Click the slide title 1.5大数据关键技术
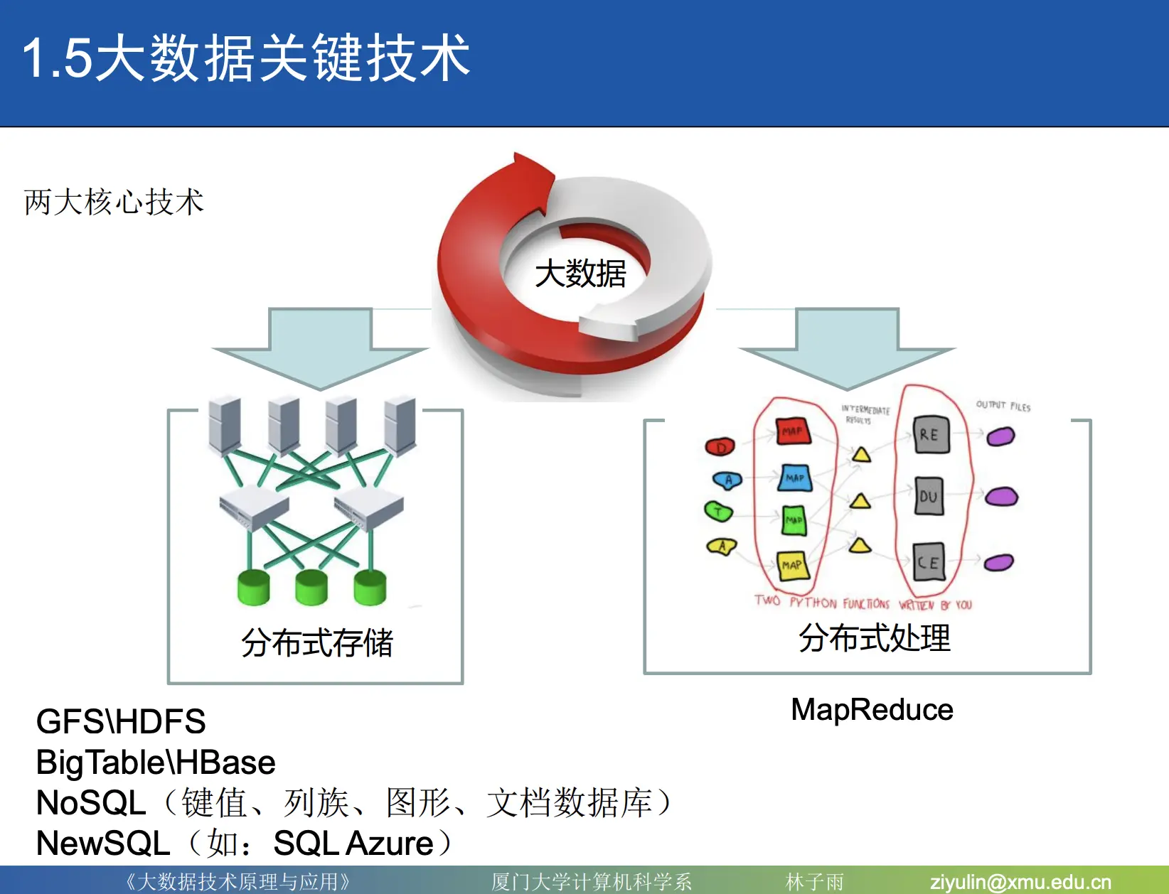(x=246, y=58)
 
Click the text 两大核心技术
(x=114, y=203)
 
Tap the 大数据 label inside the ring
(x=580, y=274)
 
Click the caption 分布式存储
(x=317, y=643)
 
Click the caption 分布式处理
(x=874, y=637)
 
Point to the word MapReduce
(x=872, y=710)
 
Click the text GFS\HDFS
(x=121, y=722)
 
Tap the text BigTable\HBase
(x=156, y=763)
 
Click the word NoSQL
(x=91, y=803)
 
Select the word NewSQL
(x=103, y=844)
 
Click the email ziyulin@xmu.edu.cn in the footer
(x=1020, y=882)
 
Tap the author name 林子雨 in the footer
(x=815, y=882)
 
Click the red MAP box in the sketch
(x=792, y=431)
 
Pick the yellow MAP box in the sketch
(x=792, y=565)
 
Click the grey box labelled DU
(x=929, y=496)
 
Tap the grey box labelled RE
(x=930, y=434)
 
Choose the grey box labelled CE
(x=929, y=562)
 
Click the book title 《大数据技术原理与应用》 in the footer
(x=238, y=882)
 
